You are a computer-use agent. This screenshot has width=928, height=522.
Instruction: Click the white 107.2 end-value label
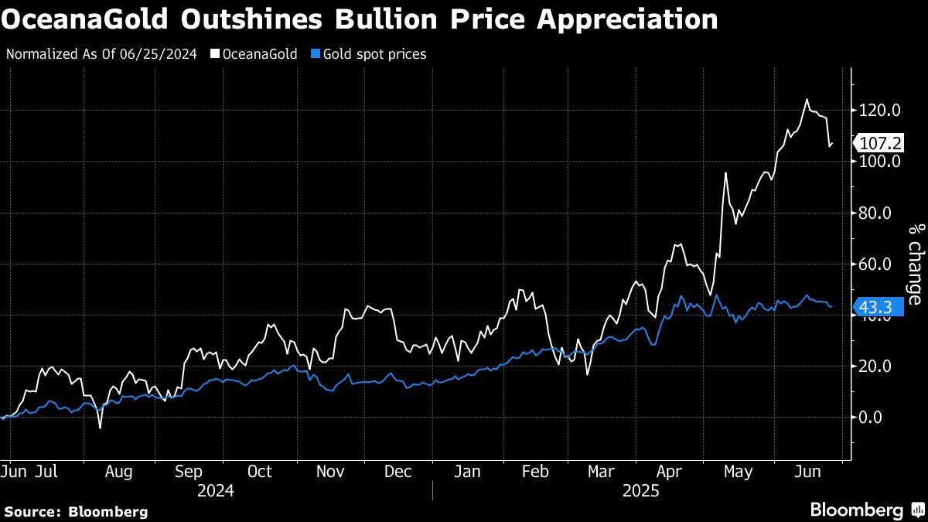880,144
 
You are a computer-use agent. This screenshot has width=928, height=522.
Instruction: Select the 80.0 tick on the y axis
875,213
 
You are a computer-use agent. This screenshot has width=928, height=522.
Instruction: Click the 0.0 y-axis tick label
872,418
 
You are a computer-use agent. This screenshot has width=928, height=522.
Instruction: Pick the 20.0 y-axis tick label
875,367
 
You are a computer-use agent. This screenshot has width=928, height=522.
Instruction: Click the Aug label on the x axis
118,472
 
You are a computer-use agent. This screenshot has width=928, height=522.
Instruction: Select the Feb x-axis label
535,472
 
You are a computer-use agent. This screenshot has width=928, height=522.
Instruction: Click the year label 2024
217,491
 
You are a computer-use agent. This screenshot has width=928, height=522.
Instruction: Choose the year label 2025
640,491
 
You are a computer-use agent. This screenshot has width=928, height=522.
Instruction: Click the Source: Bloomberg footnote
76,511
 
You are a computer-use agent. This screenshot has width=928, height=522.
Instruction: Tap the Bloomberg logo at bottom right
866,510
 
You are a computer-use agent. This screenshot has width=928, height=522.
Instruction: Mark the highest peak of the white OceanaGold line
807,100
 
